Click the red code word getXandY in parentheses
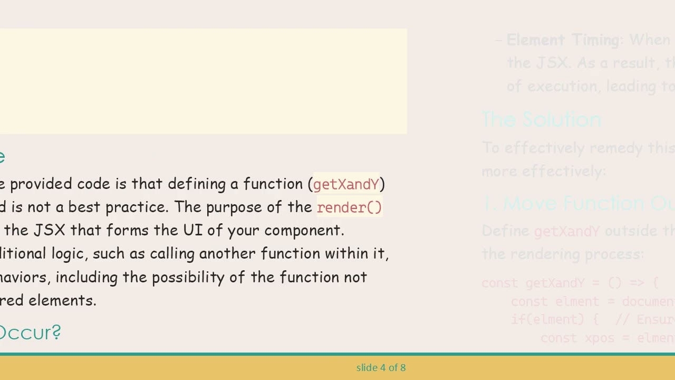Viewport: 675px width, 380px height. (346, 184)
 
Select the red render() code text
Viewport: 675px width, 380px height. (349, 207)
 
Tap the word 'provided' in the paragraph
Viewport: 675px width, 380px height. (41, 184)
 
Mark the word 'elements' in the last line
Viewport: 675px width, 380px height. (62, 300)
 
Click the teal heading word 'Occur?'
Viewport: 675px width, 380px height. (30, 332)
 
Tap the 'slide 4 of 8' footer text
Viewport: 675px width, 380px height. (381, 367)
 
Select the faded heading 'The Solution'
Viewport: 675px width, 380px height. (541, 120)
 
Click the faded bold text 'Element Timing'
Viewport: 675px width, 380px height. (563, 40)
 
